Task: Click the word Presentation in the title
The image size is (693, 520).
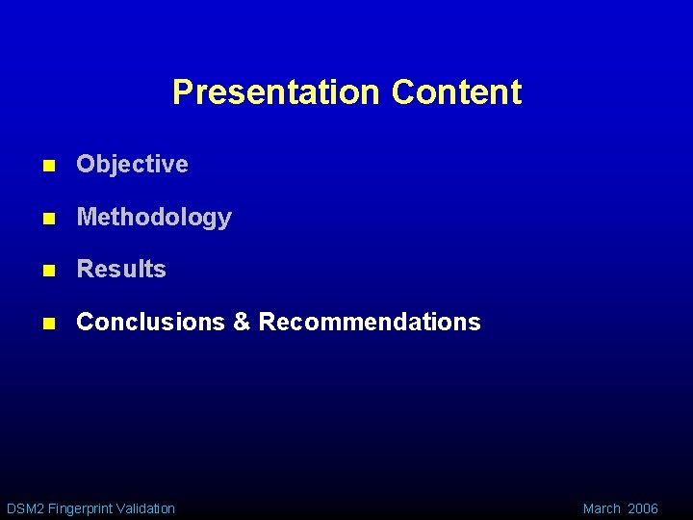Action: [x=276, y=92]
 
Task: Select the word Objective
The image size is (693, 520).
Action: [x=132, y=165]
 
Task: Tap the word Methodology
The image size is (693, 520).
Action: [x=154, y=218]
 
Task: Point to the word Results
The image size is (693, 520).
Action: [x=121, y=270]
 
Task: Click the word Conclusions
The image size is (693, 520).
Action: [x=150, y=323]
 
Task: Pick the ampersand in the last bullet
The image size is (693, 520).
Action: [x=242, y=323]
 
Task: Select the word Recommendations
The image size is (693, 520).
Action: [x=370, y=323]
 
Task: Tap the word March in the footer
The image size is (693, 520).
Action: [x=602, y=508]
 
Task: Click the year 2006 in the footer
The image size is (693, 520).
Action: [x=643, y=508]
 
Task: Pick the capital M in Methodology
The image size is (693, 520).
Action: [x=86, y=218]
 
